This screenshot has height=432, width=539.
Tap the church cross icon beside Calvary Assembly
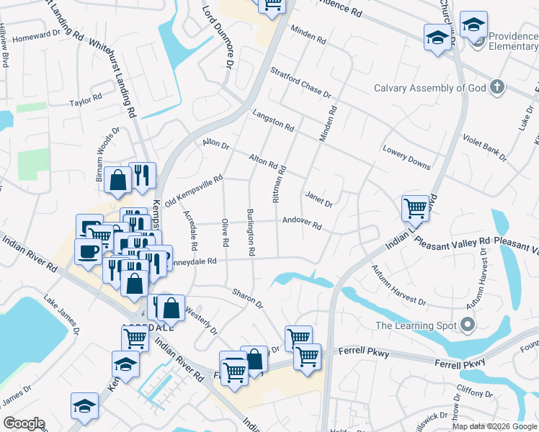pyautogui.click(x=496, y=88)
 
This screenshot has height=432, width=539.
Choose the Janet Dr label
pyautogui.click(x=318, y=199)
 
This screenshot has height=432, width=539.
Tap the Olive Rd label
pyautogui.click(x=226, y=234)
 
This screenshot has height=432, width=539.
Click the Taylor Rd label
pyautogui.click(x=86, y=99)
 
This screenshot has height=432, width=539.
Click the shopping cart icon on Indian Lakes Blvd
pyautogui.click(x=415, y=209)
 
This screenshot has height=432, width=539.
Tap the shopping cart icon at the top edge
pyautogui.click(x=272, y=6)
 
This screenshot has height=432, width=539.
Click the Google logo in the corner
pyautogui.click(x=24, y=423)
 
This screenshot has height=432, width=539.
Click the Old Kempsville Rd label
pyautogui.click(x=194, y=192)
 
